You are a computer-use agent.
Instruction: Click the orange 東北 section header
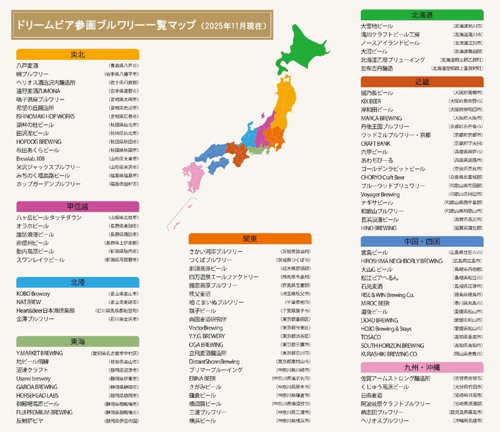77,54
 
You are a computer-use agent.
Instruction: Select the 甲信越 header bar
77,206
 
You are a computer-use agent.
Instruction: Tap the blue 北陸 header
77,282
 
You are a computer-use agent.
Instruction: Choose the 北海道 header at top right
422,14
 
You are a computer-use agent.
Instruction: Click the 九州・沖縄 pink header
422,368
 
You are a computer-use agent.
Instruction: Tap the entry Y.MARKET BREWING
39,353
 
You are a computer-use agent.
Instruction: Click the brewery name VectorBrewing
206,328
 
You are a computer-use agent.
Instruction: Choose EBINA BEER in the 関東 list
202,378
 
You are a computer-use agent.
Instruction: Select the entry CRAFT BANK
376,143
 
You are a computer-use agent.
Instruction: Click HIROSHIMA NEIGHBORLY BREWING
402,261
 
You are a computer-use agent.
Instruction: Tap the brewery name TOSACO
371,337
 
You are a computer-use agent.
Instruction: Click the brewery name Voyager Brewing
380,194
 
